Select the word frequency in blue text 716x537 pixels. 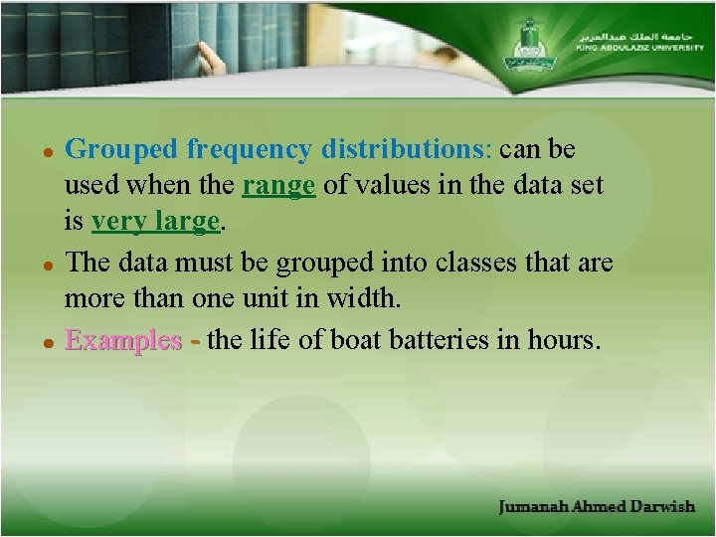pyautogui.click(x=249, y=150)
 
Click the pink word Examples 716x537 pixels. pyautogui.click(x=123, y=341)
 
